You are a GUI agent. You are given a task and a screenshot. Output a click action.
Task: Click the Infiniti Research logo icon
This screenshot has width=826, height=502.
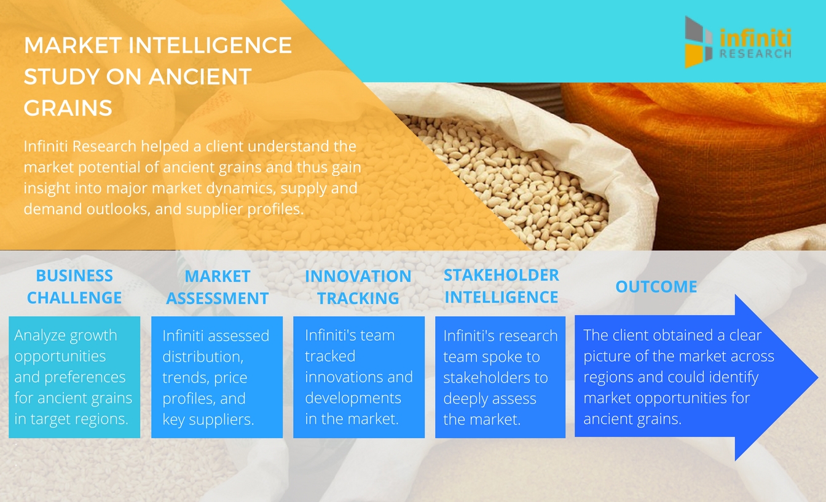pyautogui.click(x=698, y=42)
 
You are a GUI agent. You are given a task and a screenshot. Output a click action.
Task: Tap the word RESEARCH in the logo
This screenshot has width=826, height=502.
pyautogui.click(x=755, y=54)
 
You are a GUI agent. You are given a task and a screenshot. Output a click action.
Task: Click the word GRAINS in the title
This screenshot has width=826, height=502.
pyautogui.click(x=68, y=108)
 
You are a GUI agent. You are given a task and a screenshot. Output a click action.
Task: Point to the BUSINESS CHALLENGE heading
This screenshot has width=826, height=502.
pyautogui.click(x=74, y=287)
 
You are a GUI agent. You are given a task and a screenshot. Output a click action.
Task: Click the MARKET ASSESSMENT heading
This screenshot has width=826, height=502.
pyautogui.click(x=217, y=287)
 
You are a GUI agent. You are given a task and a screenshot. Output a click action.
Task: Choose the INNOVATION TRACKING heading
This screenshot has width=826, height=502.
pyautogui.click(x=358, y=287)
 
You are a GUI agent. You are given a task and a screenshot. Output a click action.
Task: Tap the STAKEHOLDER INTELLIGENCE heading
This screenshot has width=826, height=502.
pyautogui.click(x=501, y=286)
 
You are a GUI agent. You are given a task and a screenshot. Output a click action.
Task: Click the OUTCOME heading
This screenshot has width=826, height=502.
pyautogui.click(x=656, y=287)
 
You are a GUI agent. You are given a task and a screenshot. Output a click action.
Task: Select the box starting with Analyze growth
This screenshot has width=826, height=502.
pyautogui.click(x=74, y=377)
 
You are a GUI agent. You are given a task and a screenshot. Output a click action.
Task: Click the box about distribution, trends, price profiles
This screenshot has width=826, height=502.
pyautogui.click(x=217, y=377)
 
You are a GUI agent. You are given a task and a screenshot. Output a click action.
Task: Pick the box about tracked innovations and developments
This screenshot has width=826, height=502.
pyautogui.click(x=359, y=377)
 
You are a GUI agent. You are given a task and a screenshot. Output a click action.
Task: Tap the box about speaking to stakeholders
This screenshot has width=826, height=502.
pyautogui.click(x=500, y=377)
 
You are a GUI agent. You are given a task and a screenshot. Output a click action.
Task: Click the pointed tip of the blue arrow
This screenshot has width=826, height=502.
pyautogui.click(x=817, y=377)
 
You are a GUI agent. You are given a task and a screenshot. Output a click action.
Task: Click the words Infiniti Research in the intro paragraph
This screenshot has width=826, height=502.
pyautogui.click(x=80, y=146)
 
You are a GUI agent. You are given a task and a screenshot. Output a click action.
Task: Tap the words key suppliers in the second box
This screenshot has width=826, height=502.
pyautogui.click(x=208, y=420)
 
